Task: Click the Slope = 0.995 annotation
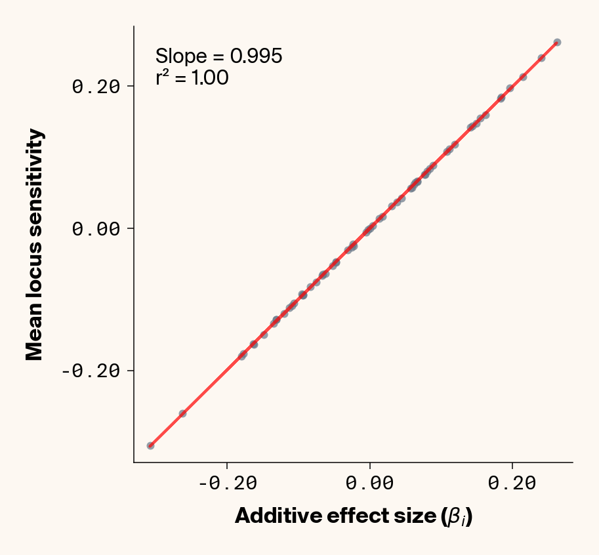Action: point(218,56)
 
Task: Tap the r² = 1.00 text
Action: point(192,79)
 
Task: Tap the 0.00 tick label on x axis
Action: point(370,483)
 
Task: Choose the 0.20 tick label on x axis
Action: point(512,483)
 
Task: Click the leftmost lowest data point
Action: point(150,445)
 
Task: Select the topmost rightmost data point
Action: point(557,42)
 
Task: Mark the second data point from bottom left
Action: point(182,413)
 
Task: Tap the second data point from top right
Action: point(541,58)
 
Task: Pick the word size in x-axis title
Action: point(413,516)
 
